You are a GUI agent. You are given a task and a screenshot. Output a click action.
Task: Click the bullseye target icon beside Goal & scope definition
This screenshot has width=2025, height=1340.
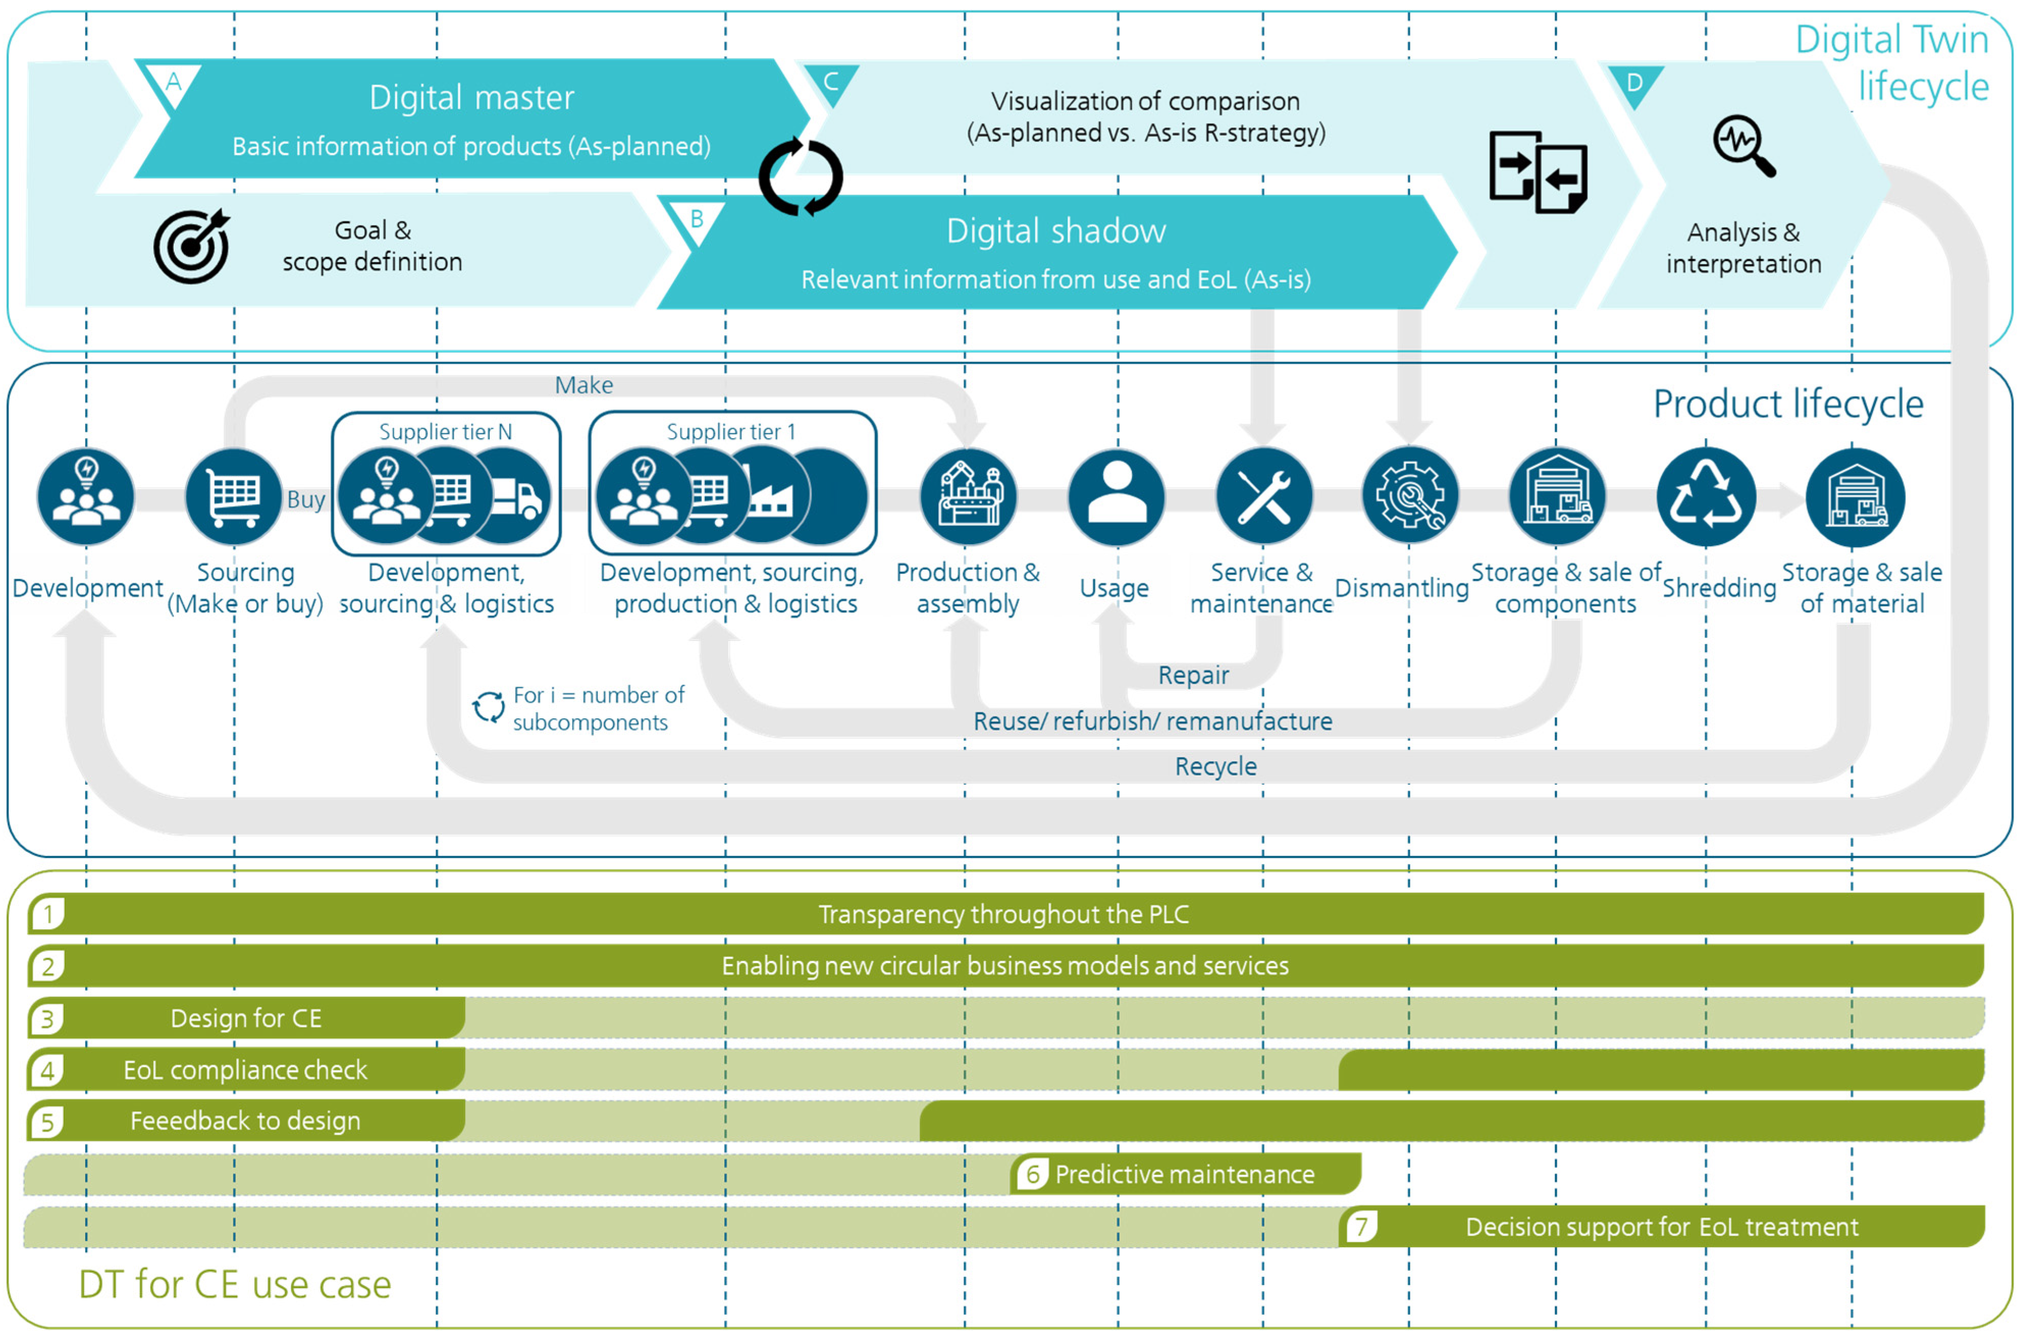coord(192,246)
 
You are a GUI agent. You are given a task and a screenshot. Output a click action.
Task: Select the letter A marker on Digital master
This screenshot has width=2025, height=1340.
coord(173,83)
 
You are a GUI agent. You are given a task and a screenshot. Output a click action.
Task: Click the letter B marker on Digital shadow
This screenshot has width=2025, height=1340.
coord(697,220)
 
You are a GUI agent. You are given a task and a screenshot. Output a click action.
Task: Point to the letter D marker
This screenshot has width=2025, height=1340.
coord(1635,83)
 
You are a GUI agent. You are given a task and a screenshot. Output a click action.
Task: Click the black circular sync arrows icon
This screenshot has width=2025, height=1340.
coord(801,177)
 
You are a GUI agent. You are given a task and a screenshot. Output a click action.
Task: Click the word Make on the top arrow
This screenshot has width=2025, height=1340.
coord(583,385)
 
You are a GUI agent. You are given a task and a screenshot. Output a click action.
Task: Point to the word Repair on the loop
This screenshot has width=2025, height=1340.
coord(1193,675)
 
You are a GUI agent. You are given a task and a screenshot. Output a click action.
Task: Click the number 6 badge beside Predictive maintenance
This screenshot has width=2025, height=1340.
coord(1032,1174)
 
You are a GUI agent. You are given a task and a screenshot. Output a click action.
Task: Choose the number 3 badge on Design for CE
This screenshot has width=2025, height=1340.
coord(48,1019)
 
